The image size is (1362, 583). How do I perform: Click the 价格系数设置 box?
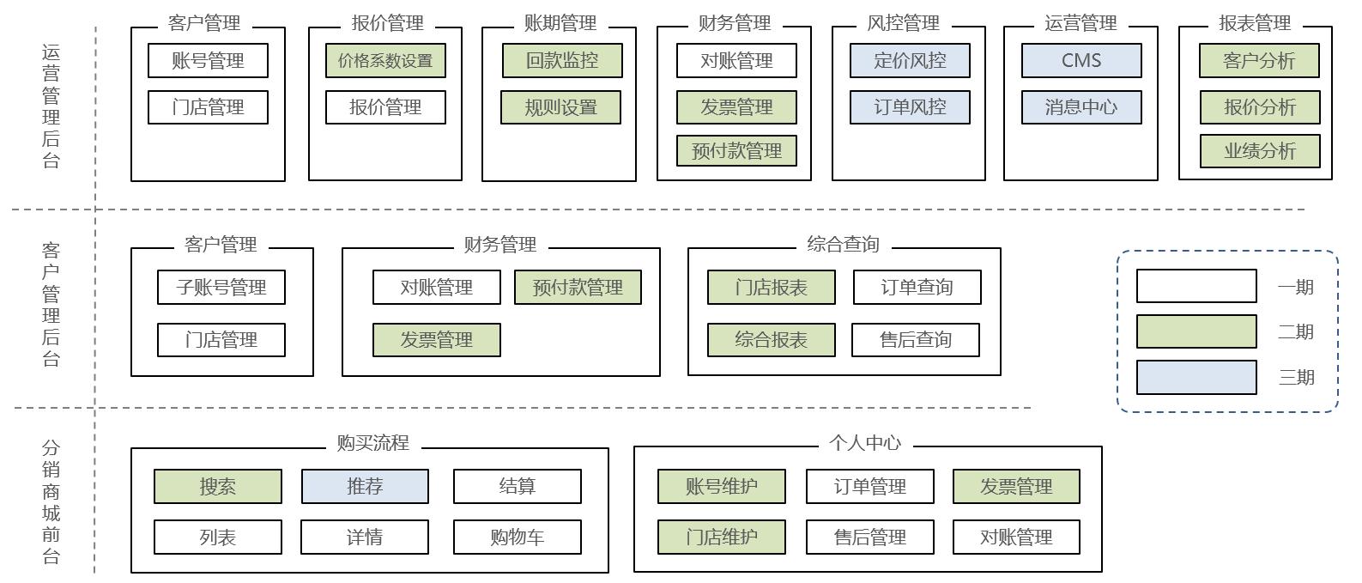click(385, 61)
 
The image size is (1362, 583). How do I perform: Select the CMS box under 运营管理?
click(1081, 61)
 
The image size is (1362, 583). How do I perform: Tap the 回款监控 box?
click(562, 61)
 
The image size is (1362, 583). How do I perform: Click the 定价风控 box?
click(910, 61)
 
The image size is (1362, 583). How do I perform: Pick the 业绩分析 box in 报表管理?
click(1259, 151)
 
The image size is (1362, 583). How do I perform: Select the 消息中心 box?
click(1081, 107)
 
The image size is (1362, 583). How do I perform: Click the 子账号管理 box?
click(221, 288)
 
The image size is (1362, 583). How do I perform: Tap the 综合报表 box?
click(771, 340)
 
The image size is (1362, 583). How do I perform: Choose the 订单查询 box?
click(917, 288)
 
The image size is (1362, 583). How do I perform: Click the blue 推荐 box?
click(365, 487)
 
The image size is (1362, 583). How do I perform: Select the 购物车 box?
click(517, 537)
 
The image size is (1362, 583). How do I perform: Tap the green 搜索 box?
click(218, 487)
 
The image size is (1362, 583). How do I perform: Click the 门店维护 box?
click(721, 537)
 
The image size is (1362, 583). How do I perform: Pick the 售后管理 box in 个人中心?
click(869, 537)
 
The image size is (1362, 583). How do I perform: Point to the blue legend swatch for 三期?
click(1196, 378)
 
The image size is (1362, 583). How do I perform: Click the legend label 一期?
click(1295, 288)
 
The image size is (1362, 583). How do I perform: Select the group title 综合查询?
click(843, 245)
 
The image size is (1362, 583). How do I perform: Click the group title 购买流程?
click(372, 443)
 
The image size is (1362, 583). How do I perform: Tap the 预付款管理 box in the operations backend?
click(736, 151)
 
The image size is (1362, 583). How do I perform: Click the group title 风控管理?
click(903, 23)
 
